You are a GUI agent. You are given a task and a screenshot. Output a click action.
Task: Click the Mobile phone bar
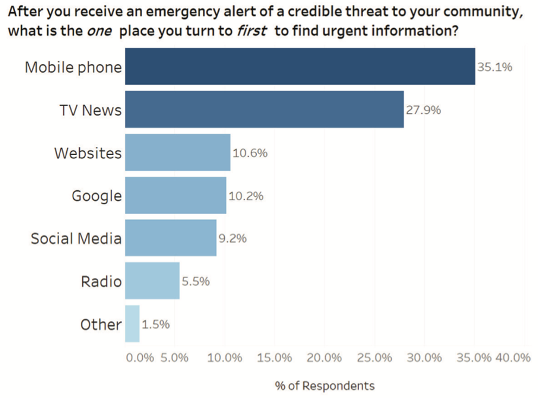(300, 66)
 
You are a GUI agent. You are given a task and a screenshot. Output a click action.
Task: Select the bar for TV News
(264, 110)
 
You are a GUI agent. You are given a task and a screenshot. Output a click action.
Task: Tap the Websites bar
(177, 152)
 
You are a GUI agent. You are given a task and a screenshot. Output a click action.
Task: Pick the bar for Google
(175, 195)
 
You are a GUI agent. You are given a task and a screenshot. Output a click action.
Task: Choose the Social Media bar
(170, 238)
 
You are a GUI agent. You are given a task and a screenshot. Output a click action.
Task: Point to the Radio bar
(152, 281)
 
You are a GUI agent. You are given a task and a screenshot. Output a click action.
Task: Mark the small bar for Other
(132, 324)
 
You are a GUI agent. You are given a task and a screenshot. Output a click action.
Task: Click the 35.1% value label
(494, 67)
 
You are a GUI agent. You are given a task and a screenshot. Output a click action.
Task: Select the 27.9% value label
(423, 110)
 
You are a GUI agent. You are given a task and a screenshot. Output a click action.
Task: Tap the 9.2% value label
(232, 239)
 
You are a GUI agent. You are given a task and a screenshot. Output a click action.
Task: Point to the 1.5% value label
(156, 324)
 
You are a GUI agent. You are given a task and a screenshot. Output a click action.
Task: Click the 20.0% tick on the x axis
(324, 358)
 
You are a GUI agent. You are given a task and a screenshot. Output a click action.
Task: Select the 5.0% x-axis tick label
(175, 358)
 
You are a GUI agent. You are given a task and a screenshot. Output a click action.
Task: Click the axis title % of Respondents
(325, 386)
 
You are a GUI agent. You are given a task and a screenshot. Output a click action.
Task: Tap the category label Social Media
(76, 239)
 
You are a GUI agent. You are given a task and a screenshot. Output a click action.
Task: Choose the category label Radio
(101, 281)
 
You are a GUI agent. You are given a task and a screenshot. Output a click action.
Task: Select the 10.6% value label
(250, 153)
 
